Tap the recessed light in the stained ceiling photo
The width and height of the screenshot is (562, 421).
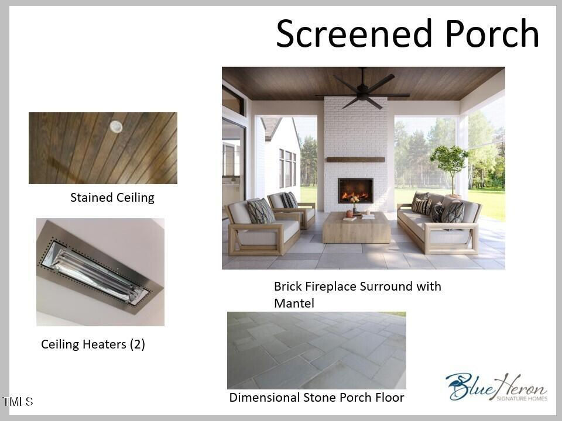pos(116,126)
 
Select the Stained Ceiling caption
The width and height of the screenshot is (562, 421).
pos(112,197)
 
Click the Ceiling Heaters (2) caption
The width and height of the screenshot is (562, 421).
pos(93,344)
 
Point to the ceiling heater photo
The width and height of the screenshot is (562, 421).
pos(100,272)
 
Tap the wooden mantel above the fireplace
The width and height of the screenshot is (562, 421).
pos(355,160)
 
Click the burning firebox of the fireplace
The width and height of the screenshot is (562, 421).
pos(355,191)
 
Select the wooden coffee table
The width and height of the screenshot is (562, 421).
pos(357,227)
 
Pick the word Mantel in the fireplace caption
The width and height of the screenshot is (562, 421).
pos(294,303)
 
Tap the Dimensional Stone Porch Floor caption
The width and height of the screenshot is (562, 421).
pos(317,398)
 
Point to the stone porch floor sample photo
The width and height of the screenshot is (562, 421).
pos(317,350)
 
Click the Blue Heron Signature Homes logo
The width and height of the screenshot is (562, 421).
pos(497,387)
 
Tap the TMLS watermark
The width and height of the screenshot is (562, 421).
pos(18,401)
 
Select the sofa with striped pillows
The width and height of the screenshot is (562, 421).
pos(439,222)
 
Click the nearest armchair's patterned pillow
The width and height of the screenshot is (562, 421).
pos(261,211)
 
